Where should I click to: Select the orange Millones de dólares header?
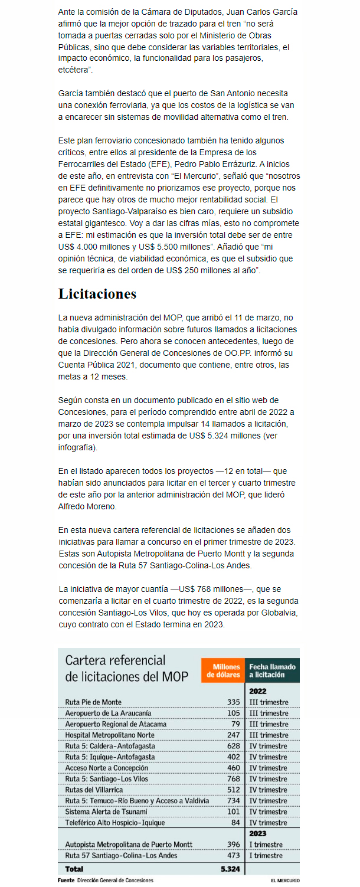[x=222, y=670]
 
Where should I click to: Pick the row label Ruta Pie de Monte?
[x=93, y=702]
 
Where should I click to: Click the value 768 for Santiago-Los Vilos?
[x=234, y=779]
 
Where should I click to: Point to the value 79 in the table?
[x=235, y=724]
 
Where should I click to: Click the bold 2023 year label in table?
[x=258, y=833]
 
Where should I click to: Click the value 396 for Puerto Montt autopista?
[x=234, y=845]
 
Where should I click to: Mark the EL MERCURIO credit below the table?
[x=285, y=881]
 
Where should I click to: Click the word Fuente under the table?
[x=66, y=881]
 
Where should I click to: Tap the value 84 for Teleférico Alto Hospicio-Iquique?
[x=235, y=823]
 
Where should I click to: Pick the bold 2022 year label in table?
[x=258, y=691]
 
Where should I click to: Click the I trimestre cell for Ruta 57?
[x=266, y=856]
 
